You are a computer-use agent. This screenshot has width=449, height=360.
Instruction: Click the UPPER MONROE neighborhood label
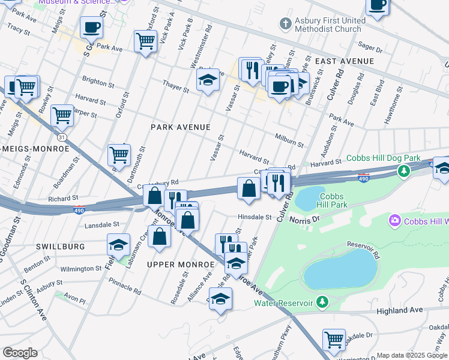[x=180, y=265]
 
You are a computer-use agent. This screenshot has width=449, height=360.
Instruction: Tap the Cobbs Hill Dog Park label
[x=383, y=158]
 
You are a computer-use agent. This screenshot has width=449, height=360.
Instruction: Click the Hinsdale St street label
[x=255, y=217]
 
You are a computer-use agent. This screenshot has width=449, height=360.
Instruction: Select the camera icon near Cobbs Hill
[x=395, y=221]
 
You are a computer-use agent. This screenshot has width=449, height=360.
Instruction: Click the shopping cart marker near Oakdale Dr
[x=334, y=340]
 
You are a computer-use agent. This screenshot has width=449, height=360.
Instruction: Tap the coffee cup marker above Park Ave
[x=91, y=27]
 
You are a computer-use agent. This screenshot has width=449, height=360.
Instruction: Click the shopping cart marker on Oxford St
[x=145, y=42]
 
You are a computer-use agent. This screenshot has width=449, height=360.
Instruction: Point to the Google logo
[x=20, y=353]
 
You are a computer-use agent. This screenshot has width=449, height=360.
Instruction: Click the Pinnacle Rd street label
[x=125, y=291]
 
